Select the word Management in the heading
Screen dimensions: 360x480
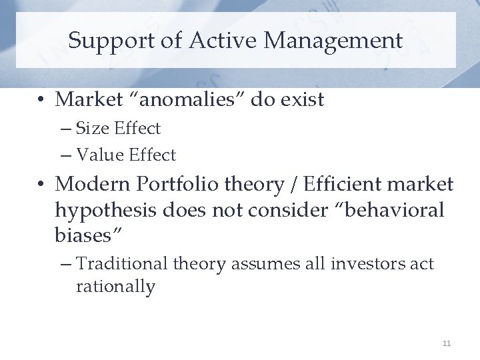333,41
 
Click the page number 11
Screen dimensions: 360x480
446,343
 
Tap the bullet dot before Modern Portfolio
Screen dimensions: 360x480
41,184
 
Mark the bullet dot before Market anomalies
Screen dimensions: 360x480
41,100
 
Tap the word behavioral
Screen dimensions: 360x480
387,210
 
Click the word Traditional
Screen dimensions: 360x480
122,264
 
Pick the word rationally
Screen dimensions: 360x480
115,287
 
